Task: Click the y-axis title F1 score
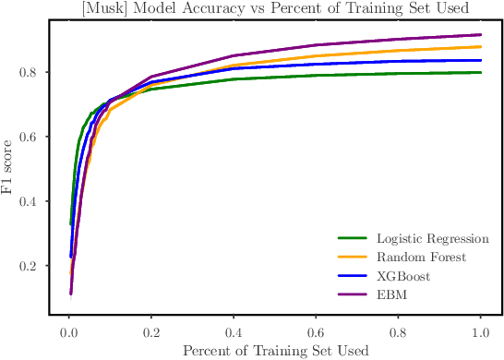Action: pos(9,169)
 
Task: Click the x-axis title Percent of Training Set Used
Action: pos(275,351)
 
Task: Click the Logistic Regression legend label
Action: pos(431,239)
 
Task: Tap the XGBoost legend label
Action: pos(403,276)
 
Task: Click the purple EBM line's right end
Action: pos(481,35)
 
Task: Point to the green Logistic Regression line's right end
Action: pos(481,73)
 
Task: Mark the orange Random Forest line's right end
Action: pos(481,47)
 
